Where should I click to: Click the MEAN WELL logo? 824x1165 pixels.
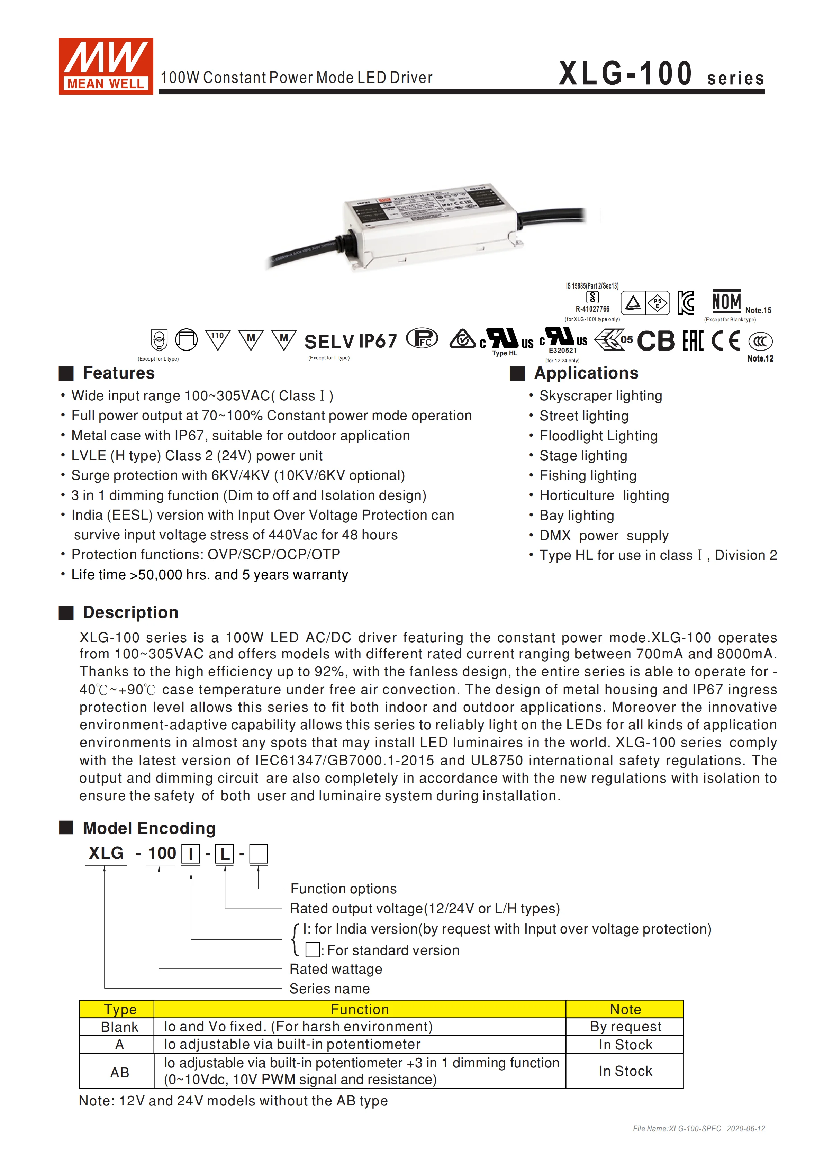click(106, 66)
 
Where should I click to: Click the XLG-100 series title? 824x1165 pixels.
click(661, 74)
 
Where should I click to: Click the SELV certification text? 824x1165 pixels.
click(329, 342)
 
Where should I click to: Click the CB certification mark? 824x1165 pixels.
click(655, 341)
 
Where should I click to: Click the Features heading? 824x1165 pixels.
click(118, 373)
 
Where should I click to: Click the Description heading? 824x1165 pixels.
click(130, 612)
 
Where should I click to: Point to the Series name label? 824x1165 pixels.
click(329, 989)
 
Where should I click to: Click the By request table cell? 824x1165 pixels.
click(625, 1027)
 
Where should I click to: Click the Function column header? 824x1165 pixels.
click(359, 1009)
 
